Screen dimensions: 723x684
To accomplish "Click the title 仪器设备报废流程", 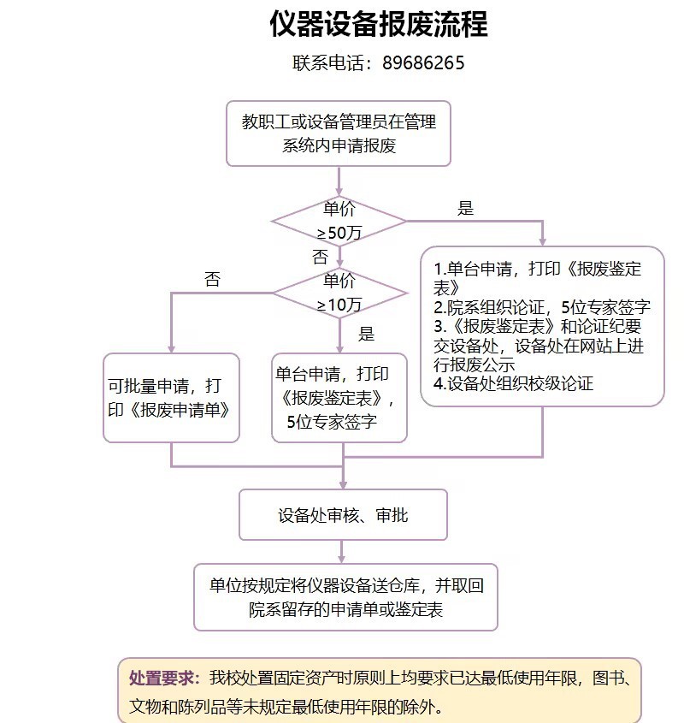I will click(x=378, y=24).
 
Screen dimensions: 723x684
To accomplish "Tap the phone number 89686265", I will click(x=424, y=63).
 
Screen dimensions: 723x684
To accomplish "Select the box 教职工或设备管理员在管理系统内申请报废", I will click(x=338, y=133).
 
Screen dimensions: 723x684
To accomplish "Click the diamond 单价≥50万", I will click(x=339, y=221).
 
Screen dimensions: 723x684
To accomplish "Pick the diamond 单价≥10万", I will click(x=339, y=293).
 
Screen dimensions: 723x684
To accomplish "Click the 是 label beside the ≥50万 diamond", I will click(x=466, y=208).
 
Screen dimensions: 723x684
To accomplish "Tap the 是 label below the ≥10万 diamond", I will click(x=366, y=334).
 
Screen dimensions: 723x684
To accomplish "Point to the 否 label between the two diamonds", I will click(x=320, y=257).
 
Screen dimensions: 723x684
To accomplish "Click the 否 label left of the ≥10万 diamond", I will click(x=212, y=280).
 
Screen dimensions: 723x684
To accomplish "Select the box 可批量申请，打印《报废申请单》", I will click(x=171, y=398).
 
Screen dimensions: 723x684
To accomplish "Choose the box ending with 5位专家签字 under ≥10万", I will click(x=339, y=398).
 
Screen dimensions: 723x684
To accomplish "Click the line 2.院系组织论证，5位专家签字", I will click(x=542, y=307).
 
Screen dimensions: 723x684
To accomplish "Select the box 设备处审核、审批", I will click(x=343, y=515).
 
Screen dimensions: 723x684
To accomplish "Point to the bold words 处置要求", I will click(x=163, y=679).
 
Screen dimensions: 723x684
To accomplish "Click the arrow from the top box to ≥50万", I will click(x=339, y=180).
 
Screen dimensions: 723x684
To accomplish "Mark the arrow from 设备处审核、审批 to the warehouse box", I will click(x=343, y=552).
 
